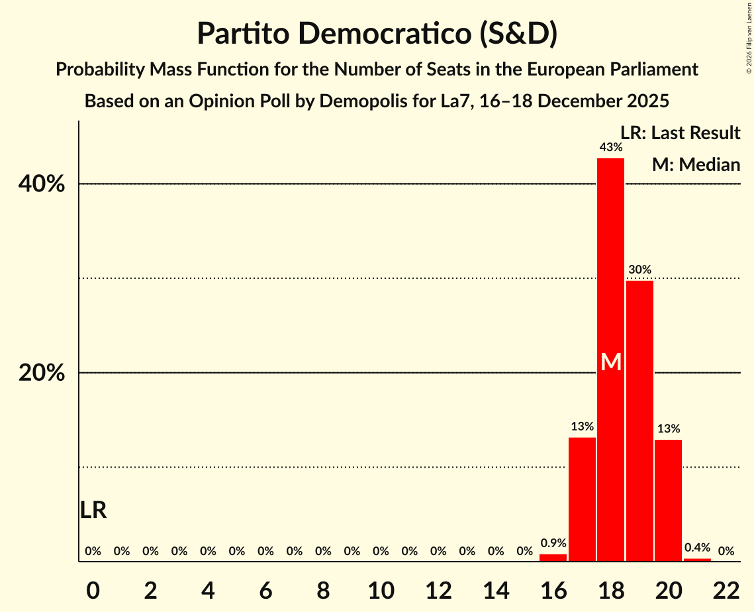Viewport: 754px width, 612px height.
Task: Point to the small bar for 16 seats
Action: pyautogui.click(x=553, y=558)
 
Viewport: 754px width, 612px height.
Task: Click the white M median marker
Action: pyautogui.click(x=611, y=362)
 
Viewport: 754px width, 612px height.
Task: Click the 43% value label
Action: pyautogui.click(x=610, y=147)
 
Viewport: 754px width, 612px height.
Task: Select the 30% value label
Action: pyautogui.click(x=639, y=270)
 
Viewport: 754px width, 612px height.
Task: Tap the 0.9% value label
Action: pyautogui.click(x=553, y=543)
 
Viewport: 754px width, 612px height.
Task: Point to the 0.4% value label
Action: pyautogui.click(x=697, y=548)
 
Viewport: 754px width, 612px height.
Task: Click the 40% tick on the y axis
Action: pyautogui.click(x=42, y=184)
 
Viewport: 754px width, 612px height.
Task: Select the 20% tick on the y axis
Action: pyautogui.click(x=42, y=374)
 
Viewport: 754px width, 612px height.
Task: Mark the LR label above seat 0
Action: pyautogui.click(x=93, y=510)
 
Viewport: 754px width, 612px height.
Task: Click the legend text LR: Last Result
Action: pyautogui.click(x=680, y=133)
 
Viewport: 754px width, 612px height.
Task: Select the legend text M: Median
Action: pyautogui.click(x=696, y=164)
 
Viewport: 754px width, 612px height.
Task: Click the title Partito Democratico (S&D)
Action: pyautogui.click(x=377, y=34)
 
